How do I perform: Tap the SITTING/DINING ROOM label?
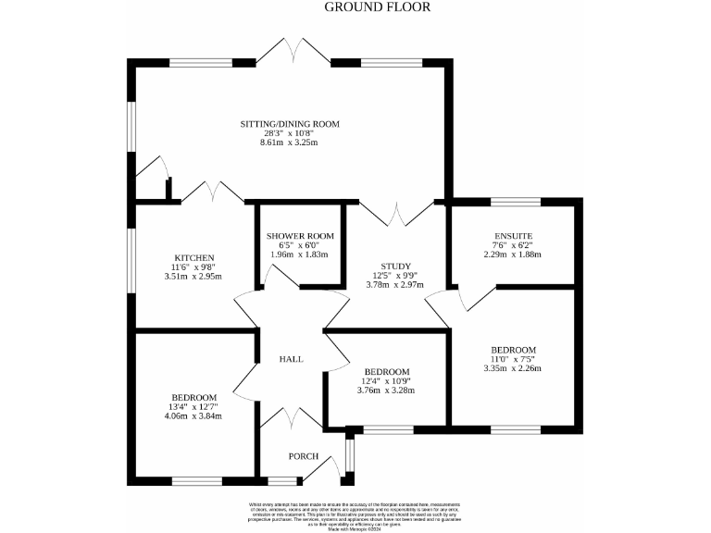tap(290, 124)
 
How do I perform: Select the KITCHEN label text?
tap(194, 257)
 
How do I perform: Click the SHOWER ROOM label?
tap(299, 236)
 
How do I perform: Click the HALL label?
tap(291, 359)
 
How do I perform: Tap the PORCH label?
tap(303, 456)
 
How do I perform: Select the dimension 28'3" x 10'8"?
tap(290, 133)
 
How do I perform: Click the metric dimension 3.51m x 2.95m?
tap(194, 276)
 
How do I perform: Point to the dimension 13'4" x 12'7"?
tap(194, 406)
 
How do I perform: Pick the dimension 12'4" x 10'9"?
tap(386, 380)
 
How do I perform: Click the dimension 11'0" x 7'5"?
tap(513, 359)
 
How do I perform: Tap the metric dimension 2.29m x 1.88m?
tap(512, 254)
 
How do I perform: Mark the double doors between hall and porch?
tap(291, 418)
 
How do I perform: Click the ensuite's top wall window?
tap(516, 201)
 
